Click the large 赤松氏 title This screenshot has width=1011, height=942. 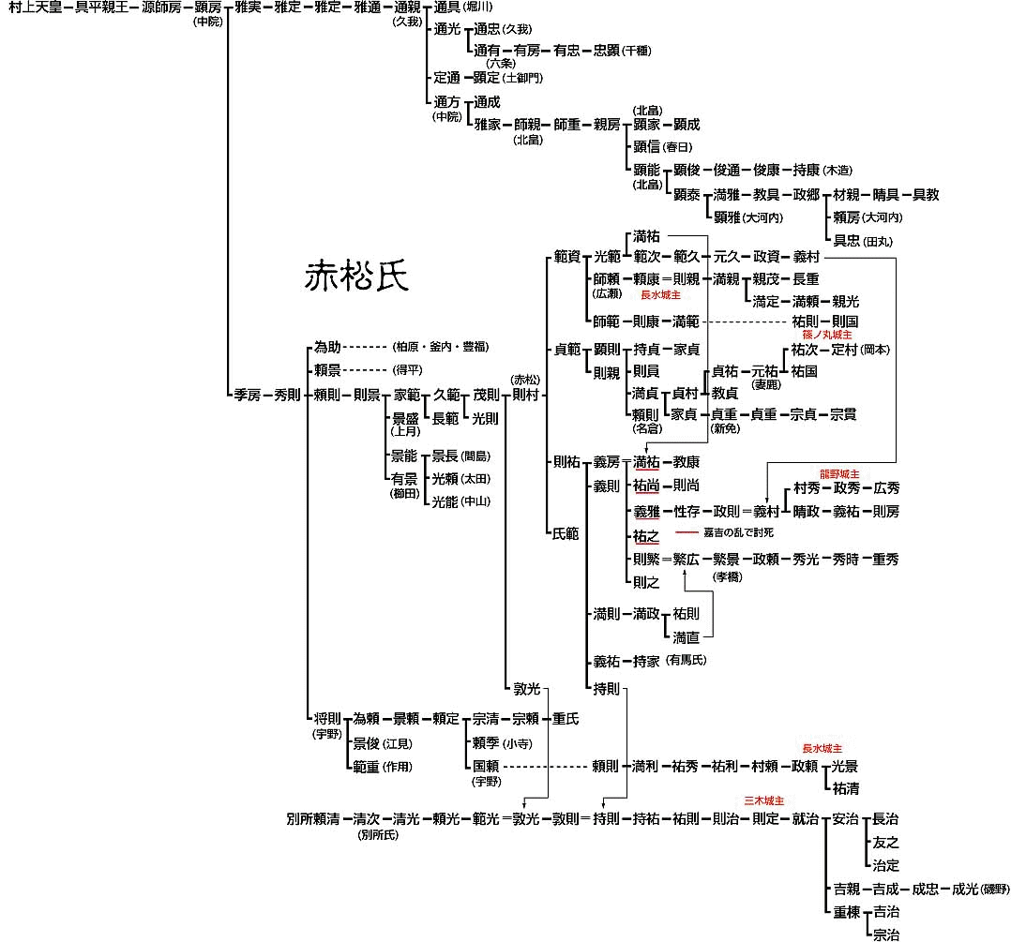[355, 277]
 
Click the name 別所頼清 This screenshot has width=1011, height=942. [312, 818]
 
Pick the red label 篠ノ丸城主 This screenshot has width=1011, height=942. [827, 334]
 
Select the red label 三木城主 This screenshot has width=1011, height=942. [763, 801]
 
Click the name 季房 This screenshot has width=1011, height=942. [247, 395]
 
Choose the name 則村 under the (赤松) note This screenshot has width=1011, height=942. [526, 395]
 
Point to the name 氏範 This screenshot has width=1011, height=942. [566, 533]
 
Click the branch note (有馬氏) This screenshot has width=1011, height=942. [686, 661]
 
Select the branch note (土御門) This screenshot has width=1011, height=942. [522, 78]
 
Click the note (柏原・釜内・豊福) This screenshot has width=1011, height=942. [441, 347]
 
